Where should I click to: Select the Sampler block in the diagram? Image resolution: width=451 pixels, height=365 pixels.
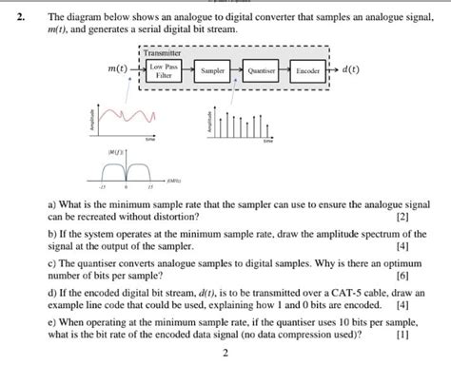pos(213,71)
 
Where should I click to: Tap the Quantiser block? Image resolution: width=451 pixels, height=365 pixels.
pos(260,71)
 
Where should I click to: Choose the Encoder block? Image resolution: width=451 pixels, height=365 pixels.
pos(307,71)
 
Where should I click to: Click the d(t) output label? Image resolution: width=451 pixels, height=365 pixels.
pos(350,70)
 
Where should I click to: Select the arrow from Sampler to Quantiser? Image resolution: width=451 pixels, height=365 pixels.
pos(236,71)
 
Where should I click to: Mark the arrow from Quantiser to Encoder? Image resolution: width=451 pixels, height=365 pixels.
pos(284,71)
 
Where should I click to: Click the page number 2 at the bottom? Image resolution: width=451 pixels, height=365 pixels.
pos(225,354)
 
